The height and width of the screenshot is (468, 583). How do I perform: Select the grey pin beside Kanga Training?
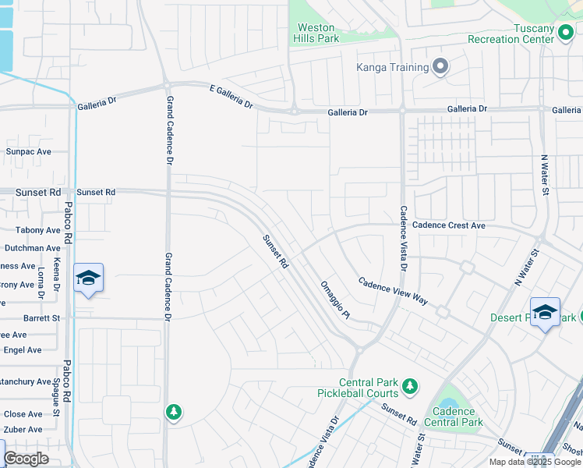pos(440,67)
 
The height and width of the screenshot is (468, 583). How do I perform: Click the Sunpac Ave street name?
pos(29,151)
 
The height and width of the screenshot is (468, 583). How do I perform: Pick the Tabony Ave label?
pos(38,230)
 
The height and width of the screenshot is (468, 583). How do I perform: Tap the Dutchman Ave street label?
pos(33,248)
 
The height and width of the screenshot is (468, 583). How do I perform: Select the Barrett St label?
pos(41,318)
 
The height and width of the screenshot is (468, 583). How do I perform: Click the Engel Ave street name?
pos(23,350)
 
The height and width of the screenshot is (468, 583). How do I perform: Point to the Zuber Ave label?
pos(23,430)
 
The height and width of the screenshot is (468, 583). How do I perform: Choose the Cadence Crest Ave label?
pos(448,225)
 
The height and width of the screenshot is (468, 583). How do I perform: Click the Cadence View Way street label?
pos(394,290)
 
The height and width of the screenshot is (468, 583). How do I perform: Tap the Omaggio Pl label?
pos(336,300)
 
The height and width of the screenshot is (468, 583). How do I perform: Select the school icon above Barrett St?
pos(88,278)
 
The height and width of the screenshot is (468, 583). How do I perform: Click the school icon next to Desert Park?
pos(545,311)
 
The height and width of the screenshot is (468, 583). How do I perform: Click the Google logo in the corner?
pos(26,459)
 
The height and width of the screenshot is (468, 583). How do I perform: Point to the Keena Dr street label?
pos(58,277)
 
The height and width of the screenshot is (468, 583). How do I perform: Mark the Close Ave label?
pos(23,414)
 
